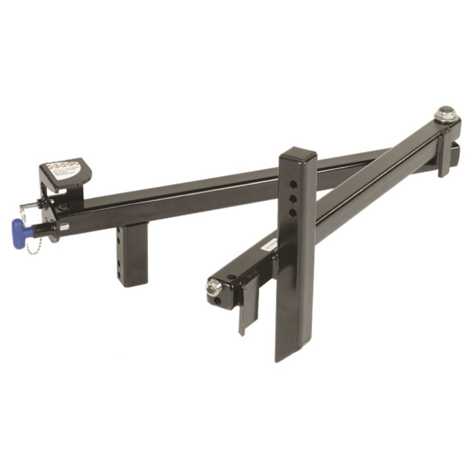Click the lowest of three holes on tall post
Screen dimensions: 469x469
(293, 213)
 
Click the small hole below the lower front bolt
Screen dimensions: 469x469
(220, 303)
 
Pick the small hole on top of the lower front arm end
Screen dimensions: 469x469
(232, 277)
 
